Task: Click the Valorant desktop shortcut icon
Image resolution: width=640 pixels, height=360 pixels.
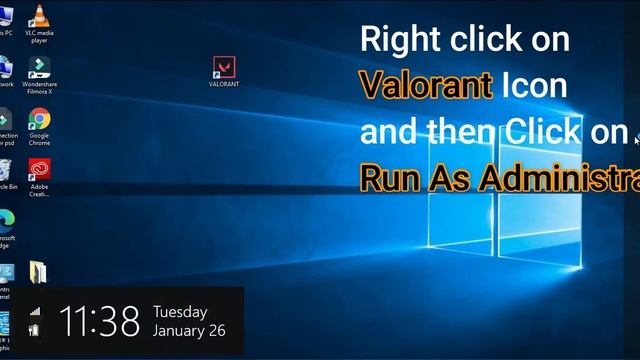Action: (224, 67)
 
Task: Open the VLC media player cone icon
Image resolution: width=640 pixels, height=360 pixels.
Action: (39, 15)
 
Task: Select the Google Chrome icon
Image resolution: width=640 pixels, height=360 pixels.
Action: (39, 119)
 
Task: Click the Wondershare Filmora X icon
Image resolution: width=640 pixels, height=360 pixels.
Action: (39, 67)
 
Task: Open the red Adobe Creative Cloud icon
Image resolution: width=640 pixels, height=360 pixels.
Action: (39, 169)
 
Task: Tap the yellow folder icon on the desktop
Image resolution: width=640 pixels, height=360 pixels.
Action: (37, 271)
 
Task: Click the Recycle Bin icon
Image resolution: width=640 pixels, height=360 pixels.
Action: (5, 169)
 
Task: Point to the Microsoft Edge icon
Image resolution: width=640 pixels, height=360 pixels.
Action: (6, 219)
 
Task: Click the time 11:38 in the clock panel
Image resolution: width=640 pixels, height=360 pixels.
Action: (99, 322)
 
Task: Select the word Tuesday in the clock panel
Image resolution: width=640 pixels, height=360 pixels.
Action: (180, 312)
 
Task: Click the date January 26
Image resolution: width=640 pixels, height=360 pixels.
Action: (189, 331)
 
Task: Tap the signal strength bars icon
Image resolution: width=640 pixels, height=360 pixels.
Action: (35, 311)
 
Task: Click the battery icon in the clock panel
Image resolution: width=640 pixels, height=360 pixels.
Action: (35, 329)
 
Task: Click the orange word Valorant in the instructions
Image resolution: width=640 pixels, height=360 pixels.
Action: (426, 85)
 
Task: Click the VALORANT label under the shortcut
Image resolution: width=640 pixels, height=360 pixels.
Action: (224, 85)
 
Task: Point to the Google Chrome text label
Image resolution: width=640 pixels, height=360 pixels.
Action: (39, 139)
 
